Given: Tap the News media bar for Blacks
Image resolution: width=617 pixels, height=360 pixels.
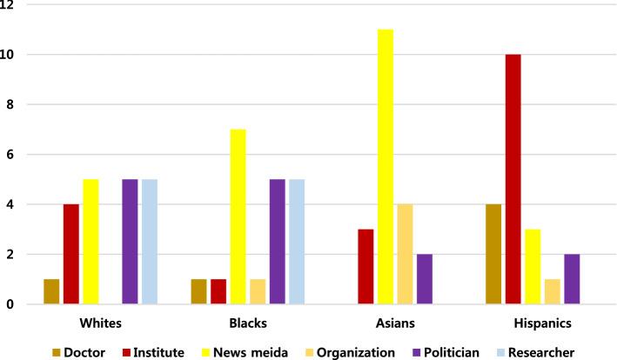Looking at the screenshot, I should click(237, 217).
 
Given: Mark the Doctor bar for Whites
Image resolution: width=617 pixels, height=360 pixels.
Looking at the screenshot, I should click(52, 291).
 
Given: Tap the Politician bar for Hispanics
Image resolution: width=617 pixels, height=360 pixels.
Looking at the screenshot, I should click(572, 279).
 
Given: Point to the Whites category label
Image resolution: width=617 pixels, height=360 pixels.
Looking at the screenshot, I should click(101, 323).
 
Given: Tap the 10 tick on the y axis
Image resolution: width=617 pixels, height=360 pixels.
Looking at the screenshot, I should click(15, 55).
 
